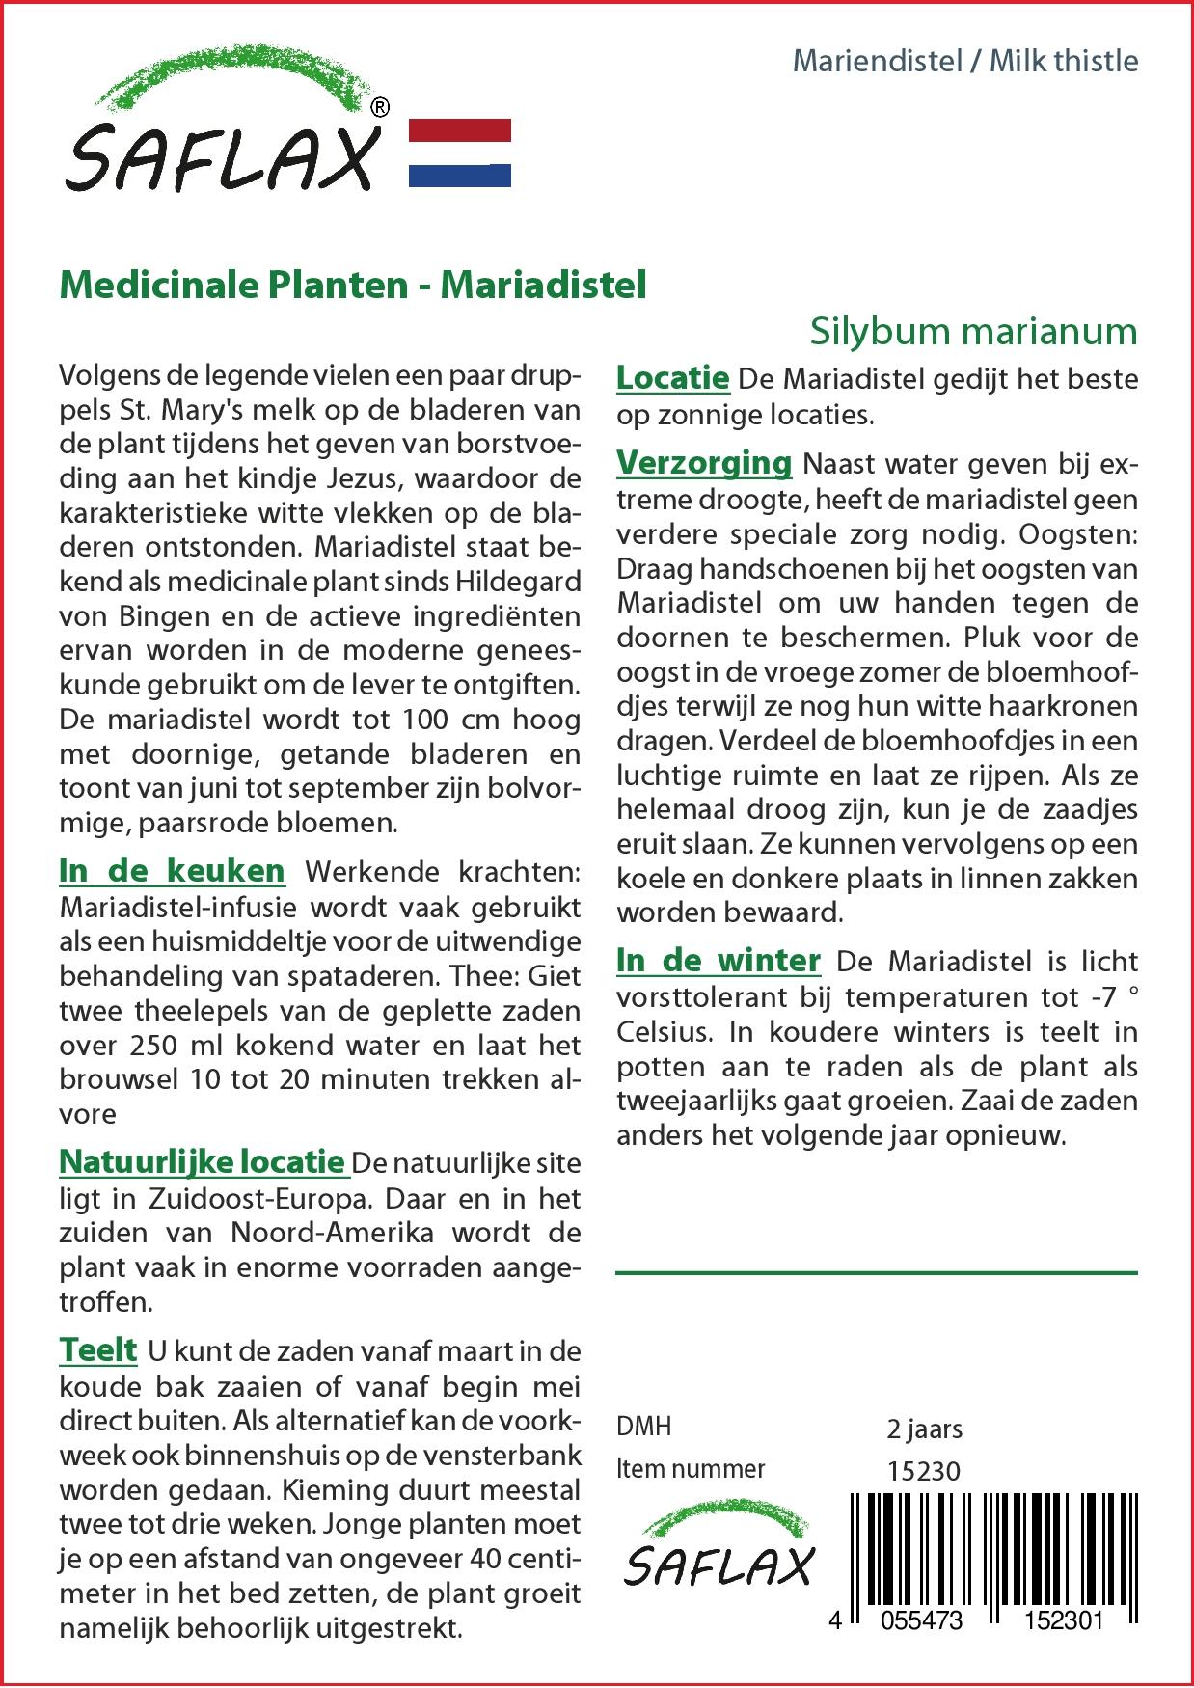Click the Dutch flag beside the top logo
(x=460, y=152)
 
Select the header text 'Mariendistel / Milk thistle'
(x=964, y=61)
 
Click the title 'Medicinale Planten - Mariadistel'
(x=353, y=286)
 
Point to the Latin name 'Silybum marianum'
(x=973, y=331)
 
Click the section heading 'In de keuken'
(x=172, y=870)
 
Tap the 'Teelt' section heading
(x=98, y=1348)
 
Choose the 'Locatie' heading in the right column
(x=672, y=377)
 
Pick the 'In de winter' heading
(x=719, y=960)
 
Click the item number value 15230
(x=923, y=1470)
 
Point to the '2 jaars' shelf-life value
(x=924, y=1429)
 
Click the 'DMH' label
(x=643, y=1427)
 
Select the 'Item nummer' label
(x=691, y=1469)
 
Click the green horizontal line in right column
(x=876, y=1273)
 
